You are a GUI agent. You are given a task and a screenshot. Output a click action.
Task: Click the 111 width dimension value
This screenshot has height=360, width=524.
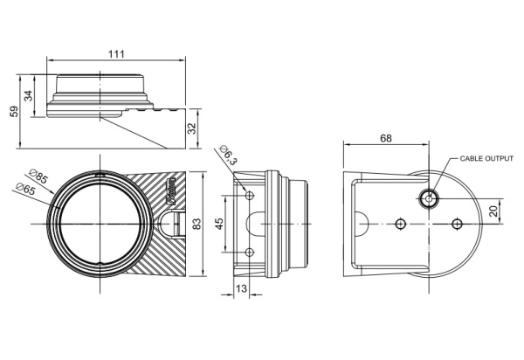116,54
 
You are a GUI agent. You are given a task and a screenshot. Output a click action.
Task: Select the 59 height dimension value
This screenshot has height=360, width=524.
14,112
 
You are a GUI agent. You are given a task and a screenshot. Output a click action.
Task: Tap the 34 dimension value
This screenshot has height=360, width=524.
29,96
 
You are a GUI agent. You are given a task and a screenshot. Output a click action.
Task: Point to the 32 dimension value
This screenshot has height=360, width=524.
192,128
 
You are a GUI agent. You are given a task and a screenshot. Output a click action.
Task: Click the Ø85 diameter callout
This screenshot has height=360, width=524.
38,177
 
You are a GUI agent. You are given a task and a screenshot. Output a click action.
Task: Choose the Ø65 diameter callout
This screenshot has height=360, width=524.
25,189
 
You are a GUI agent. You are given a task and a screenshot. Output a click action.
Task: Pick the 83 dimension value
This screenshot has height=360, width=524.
197,224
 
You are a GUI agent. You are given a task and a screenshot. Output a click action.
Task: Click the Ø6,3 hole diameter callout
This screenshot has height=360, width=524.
228,156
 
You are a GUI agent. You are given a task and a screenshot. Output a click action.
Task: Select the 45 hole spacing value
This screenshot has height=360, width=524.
219,224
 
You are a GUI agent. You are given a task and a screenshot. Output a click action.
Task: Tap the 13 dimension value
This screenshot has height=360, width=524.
241,288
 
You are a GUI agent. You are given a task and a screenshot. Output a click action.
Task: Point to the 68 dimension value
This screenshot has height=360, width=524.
386,138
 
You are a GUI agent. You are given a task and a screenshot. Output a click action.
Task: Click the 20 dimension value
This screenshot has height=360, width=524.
493,211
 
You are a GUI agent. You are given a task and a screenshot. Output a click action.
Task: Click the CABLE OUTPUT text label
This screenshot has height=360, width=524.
486,158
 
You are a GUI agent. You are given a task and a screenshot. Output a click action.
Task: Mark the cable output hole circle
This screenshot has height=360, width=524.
429,198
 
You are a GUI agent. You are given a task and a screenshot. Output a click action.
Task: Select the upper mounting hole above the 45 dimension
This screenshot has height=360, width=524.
250,196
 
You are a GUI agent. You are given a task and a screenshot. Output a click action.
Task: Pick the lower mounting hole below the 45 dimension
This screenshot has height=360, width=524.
250,253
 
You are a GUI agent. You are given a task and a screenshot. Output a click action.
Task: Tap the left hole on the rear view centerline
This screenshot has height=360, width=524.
400,224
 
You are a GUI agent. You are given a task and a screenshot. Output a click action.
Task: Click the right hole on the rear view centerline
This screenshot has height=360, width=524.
457,224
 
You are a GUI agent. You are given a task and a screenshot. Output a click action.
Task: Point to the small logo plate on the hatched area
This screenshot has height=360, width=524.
170,191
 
